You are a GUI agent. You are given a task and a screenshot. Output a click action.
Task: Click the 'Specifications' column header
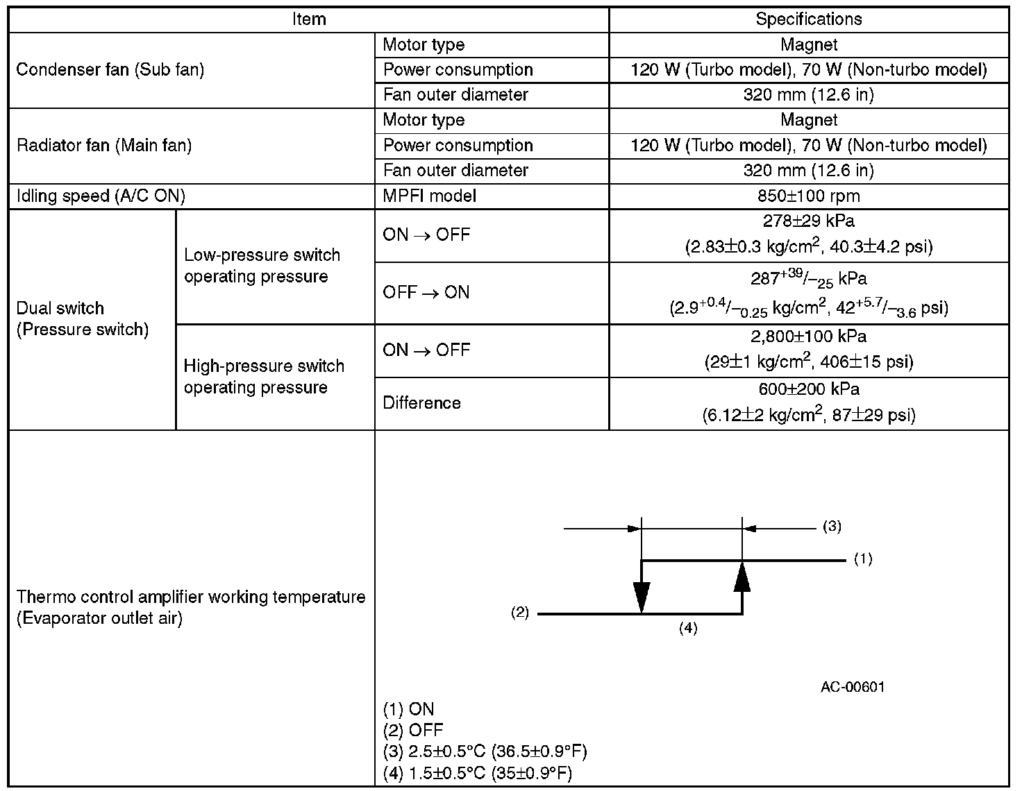808,19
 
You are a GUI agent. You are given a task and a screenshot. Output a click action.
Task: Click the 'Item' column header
309,19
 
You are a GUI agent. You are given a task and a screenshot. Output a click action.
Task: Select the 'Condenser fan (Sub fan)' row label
110,69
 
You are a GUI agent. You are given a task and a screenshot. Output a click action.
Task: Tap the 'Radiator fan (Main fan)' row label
103,145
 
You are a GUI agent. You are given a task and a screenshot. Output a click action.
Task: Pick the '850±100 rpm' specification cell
808,196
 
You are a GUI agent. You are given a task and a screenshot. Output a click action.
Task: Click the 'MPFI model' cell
429,196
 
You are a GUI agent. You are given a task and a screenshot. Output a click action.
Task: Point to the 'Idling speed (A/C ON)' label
101,196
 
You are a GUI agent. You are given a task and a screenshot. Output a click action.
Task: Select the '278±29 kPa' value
808,221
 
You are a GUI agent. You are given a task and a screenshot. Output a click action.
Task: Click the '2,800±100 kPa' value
808,337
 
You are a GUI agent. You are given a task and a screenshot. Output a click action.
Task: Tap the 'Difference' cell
421,403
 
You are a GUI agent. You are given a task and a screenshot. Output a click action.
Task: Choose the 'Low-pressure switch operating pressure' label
262,266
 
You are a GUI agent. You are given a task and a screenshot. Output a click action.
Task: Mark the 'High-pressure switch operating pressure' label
264,377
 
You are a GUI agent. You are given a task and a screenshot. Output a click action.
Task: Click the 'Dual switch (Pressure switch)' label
82,318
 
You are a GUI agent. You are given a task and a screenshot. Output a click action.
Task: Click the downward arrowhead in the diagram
642,597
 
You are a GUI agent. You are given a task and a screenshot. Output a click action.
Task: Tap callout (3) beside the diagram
832,527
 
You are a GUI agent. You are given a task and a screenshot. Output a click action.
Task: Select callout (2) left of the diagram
520,613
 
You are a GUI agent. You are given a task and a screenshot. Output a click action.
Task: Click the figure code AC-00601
852,687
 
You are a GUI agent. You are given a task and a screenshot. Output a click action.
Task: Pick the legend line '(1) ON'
408,709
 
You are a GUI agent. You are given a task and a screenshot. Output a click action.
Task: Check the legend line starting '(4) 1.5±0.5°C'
477,774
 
